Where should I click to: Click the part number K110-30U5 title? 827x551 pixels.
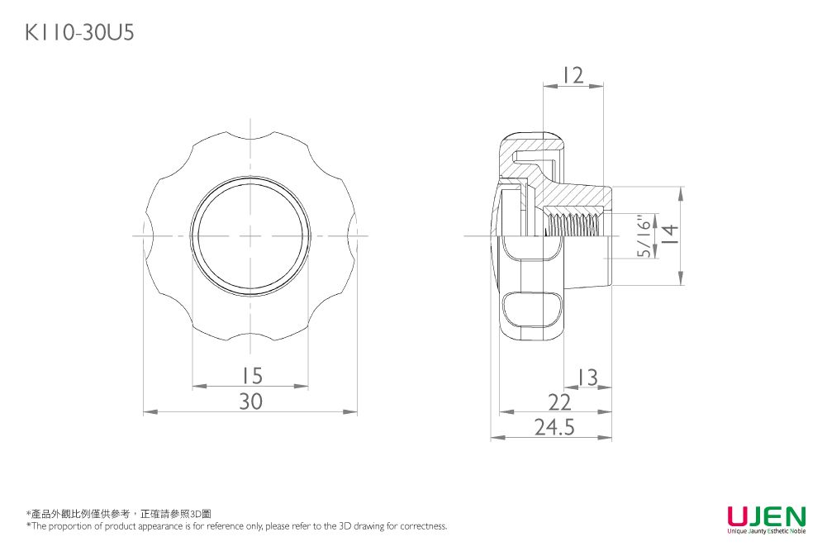pos(79,32)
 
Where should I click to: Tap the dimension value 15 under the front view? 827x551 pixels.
pos(251,377)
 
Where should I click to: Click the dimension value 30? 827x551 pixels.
pos(251,401)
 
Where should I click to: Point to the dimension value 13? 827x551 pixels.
pos(587,378)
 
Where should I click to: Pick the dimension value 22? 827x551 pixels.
pos(560,402)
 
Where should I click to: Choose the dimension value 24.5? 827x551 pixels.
pos(554,427)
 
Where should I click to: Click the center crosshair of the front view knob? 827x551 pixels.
pos(250,236)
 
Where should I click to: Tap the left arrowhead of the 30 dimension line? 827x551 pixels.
pos(148,411)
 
